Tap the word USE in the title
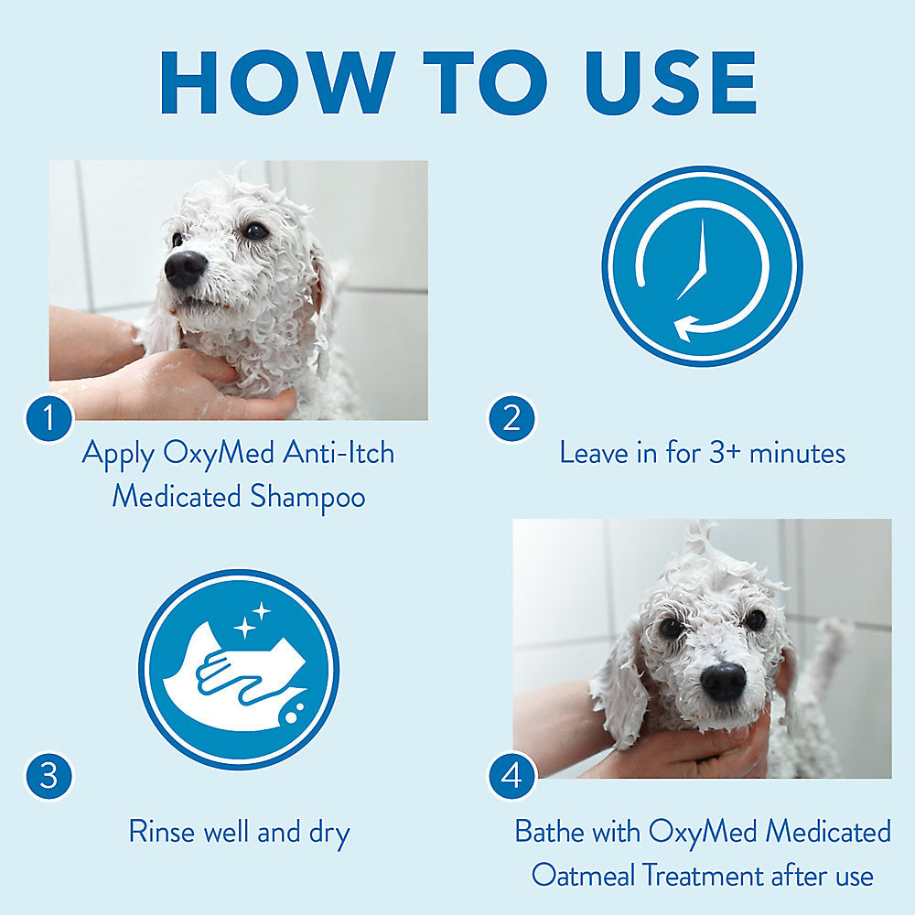671,82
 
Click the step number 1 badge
49,418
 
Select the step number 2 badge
511,418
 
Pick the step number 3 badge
49,776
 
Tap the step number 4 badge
511,776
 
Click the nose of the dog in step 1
186,268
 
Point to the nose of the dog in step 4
724,682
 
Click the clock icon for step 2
702,266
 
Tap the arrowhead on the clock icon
684,328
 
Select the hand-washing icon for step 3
239,670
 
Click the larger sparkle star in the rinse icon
245,628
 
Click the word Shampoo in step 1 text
307,498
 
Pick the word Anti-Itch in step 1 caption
339,453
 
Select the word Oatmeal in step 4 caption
583,876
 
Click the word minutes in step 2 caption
797,454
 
